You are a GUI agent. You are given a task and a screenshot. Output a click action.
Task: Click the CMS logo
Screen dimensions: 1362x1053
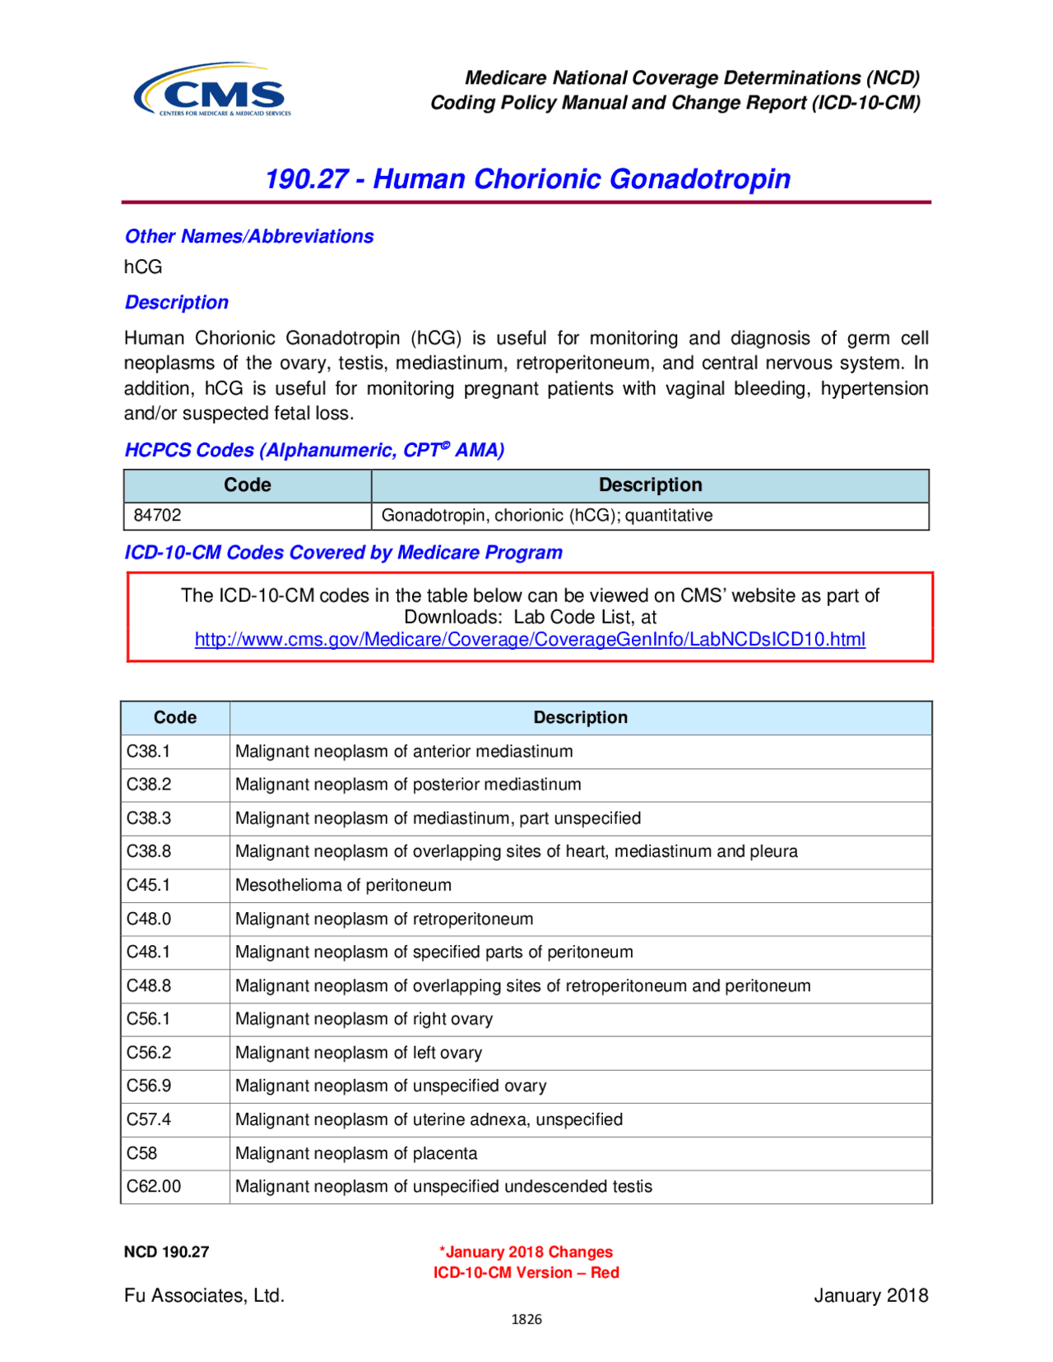[x=213, y=90]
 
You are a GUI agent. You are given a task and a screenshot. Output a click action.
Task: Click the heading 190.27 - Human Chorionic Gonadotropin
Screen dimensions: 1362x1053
[x=527, y=178]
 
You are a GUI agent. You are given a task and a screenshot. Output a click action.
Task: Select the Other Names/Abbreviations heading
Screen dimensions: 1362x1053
[x=248, y=236]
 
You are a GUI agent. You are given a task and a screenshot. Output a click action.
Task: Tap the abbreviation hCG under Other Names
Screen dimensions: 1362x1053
[x=143, y=266]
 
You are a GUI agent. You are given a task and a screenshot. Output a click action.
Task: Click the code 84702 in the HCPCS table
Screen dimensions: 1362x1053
[x=158, y=516]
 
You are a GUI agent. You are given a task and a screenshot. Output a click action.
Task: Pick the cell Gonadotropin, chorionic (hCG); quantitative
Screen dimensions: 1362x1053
[x=547, y=516]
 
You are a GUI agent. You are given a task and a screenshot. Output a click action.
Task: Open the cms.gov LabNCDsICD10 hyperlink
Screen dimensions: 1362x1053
[x=530, y=639]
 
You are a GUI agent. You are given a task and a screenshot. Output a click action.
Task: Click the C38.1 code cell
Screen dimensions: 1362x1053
[x=149, y=751]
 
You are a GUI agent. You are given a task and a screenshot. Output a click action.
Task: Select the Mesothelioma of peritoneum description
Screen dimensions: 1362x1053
[x=343, y=885]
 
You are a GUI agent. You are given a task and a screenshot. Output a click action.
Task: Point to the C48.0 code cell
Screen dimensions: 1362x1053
[x=149, y=919]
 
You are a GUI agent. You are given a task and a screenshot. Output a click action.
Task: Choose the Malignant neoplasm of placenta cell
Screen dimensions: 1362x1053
[x=356, y=1153]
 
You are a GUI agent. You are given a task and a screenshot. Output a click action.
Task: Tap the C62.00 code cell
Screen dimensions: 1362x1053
[x=154, y=1186]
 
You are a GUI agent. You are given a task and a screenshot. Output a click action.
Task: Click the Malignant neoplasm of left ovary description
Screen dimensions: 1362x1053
[x=359, y=1053]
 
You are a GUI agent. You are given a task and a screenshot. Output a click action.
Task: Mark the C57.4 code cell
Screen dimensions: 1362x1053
[x=149, y=1119]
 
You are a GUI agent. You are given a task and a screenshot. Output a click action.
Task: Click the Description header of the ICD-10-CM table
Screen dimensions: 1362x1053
[x=580, y=717]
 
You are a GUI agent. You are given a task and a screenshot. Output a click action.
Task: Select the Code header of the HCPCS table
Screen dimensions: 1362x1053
[x=247, y=485]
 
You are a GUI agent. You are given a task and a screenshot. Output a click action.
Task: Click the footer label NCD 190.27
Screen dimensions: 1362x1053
[x=166, y=1252]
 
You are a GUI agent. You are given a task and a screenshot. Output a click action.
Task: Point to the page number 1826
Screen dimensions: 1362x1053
[x=526, y=1319]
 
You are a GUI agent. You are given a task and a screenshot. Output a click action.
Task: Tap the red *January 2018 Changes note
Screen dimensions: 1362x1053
[x=526, y=1252]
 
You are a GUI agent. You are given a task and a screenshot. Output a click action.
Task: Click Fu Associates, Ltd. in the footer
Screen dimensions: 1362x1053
[x=204, y=1295]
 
